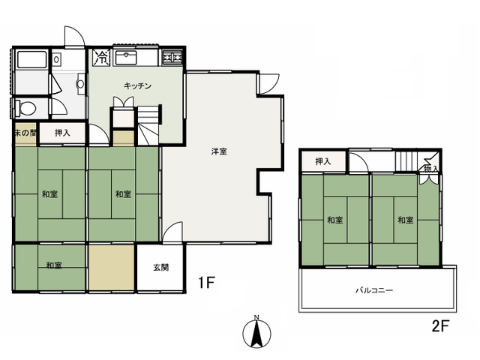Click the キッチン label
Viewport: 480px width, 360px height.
(x=137, y=85)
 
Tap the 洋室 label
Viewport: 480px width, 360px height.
(x=219, y=151)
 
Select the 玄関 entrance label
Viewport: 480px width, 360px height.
(x=160, y=267)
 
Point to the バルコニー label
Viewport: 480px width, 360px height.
(x=374, y=290)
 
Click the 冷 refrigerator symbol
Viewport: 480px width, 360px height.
(x=101, y=57)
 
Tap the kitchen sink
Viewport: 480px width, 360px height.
(x=126, y=58)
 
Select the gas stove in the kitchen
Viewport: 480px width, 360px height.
(x=172, y=57)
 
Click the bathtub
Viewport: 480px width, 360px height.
(x=31, y=59)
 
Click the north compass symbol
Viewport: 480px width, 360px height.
(x=256, y=333)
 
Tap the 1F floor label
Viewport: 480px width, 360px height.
(x=207, y=282)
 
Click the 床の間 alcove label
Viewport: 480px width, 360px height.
(x=25, y=133)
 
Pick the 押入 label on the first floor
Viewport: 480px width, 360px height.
(x=62, y=133)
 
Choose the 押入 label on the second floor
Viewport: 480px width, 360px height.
(x=323, y=161)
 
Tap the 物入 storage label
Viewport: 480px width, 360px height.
(x=431, y=168)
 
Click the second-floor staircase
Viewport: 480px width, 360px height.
(x=406, y=161)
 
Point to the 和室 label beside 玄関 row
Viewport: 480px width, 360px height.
(x=54, y=265)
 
